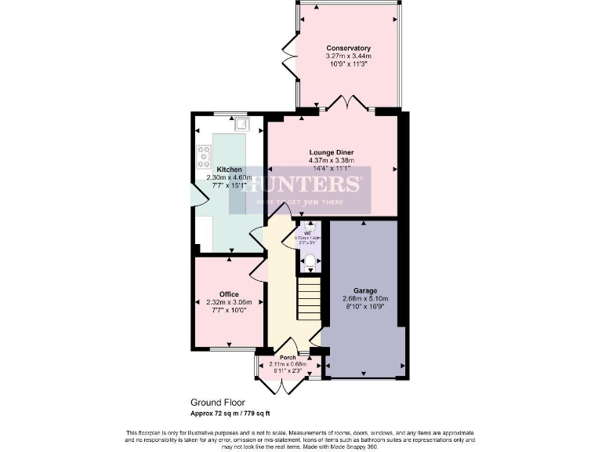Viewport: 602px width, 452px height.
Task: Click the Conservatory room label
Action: [x=348, y=49]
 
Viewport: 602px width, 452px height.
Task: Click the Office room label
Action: [x=229, y=294]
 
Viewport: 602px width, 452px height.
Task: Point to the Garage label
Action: [x=364, y=290]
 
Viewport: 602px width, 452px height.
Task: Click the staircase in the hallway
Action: [x=308, y=302]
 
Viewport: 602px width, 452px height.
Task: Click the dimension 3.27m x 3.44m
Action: [x=348, y=56]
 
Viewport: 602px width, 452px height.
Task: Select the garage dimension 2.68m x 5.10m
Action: [x=364, y=299]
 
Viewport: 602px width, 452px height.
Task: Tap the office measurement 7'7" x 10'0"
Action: [x=229, y=311]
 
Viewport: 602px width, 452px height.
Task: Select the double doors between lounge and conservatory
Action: [x=342, y=103]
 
